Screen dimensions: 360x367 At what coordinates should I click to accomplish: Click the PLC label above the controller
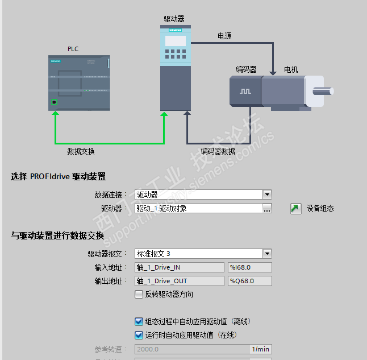(73, 49)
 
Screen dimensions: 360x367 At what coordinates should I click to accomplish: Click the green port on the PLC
(55, 102)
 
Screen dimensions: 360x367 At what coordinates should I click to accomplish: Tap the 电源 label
(224, 36)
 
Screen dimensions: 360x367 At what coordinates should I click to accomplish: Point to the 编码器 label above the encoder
(246, 69)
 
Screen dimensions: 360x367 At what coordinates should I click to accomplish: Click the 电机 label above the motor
(291, 69)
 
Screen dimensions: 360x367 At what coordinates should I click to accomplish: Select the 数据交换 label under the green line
(81, 151)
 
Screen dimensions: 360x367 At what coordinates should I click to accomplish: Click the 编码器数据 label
(218, 151)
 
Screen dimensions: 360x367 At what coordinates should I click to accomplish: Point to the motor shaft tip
(330, 90)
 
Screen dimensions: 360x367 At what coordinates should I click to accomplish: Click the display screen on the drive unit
(175, 41)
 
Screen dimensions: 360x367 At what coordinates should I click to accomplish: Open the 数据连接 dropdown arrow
(267, 195)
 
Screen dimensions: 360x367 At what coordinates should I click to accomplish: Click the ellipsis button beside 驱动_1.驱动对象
(267, 208)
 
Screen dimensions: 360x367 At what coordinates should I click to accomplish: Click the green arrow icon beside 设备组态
(295, 208)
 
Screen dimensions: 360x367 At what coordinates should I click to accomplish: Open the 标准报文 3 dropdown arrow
(267, 254)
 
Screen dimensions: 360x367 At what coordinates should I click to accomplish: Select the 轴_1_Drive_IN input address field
(180, 267)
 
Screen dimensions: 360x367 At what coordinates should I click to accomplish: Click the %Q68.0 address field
(249, 281)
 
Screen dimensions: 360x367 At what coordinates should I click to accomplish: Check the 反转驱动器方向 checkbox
(139, 294)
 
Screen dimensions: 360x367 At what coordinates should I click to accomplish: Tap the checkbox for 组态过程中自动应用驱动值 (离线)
(139, 321)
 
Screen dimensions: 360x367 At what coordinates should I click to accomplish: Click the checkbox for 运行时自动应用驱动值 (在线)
(139, 335)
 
